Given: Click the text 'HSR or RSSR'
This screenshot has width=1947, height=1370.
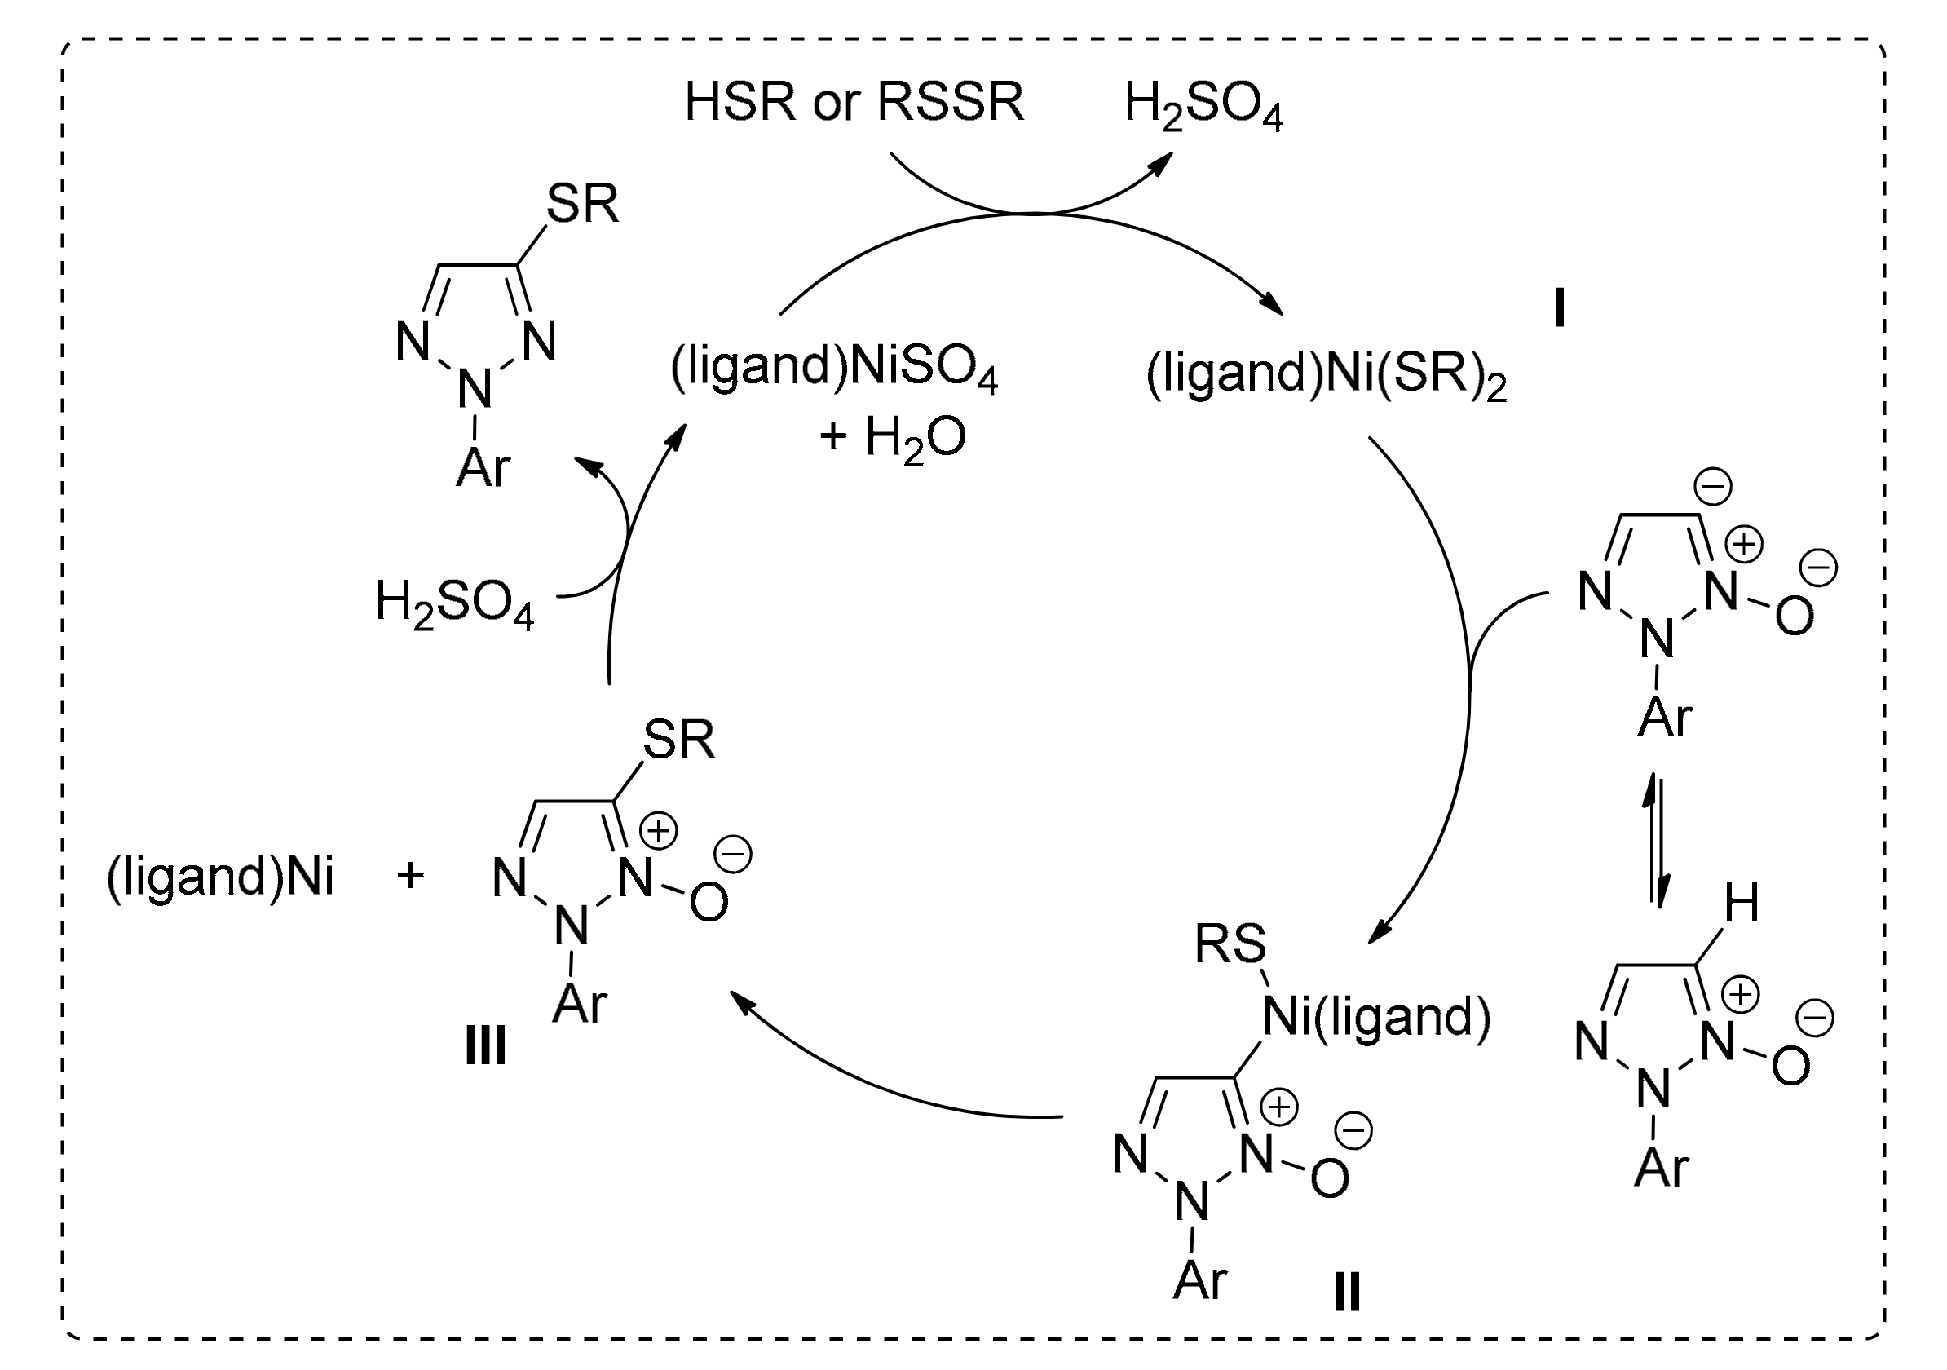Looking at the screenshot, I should (854, 103).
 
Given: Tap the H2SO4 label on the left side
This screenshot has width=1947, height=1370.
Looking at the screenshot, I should (454, 603).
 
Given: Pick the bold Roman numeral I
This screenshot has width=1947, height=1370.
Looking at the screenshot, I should (1559, 310).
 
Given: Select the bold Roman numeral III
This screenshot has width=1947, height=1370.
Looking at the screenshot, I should (486, 1046).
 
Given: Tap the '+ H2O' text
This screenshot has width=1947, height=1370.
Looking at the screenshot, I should (893, 439).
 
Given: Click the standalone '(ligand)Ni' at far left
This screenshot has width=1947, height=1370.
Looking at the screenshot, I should (220, 877).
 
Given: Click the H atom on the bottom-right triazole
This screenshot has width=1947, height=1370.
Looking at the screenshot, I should (1742, 904).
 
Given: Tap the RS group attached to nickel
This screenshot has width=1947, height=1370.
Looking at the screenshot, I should (1230, 944).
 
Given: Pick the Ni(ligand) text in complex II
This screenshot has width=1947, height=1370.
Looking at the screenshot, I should (1376, 1015).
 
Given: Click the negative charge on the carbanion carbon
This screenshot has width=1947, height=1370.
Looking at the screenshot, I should (1712, 487).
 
